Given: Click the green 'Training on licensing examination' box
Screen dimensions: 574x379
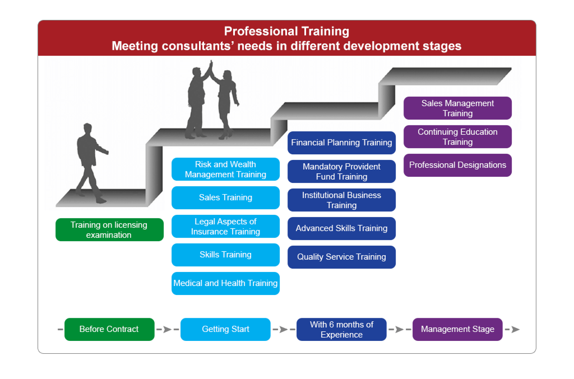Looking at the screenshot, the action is pos(110,230).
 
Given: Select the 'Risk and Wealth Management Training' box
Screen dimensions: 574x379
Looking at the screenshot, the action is pos(226,169).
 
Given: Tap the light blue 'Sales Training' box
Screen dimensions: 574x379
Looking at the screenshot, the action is pos(226,198).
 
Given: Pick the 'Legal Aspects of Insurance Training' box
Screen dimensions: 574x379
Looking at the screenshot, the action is pos(226,226).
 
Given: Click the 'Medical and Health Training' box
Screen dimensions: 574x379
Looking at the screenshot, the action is pos(226,283).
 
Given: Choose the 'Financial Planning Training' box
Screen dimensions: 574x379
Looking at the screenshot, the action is pos(342,143).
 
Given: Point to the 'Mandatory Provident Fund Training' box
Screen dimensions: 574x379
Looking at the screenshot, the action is pos(342,171).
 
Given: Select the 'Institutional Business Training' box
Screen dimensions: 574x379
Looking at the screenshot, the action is pos(342,200).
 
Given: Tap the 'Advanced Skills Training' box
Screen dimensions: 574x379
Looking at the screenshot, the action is pos(342,229).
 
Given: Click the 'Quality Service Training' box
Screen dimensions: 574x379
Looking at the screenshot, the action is pos(342,257).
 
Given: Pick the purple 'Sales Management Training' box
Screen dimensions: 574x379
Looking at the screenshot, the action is pos(458,108).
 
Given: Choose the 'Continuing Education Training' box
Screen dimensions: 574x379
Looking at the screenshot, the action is pos(458,137).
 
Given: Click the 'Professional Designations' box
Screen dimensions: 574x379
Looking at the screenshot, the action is pos(458,165).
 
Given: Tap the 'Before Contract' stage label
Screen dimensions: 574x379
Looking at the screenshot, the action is pos(109,329).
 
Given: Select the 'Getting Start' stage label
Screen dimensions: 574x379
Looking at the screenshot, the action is pos(226,329).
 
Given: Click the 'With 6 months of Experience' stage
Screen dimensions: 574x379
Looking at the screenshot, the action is pos(342,329).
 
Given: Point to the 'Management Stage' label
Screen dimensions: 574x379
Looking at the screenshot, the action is pos(458,329).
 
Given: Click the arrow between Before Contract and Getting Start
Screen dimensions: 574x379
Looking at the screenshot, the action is pos(168,329).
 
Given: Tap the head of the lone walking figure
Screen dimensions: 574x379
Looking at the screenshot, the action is pos(88,128).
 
